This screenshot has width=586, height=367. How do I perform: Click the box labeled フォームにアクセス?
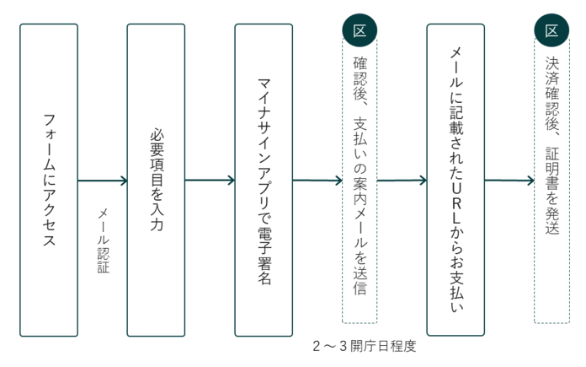point(49,180)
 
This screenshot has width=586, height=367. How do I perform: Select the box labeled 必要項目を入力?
point(156,180)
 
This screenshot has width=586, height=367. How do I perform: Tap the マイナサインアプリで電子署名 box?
point(264,180)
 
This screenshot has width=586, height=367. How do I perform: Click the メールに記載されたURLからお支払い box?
point(455,180)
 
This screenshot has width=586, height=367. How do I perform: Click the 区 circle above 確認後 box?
point(360,31)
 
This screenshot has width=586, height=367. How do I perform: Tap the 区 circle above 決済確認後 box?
point(551,31)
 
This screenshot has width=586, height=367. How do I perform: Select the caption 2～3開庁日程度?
point(364,347)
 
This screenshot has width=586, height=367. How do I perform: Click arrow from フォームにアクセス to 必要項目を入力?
point(102,180)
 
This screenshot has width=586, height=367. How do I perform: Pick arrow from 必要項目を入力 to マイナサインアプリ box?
point(210,180)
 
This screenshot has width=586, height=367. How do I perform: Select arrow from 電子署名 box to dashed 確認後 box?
point(317,180)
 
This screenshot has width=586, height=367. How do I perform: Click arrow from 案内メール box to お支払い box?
point(402,180)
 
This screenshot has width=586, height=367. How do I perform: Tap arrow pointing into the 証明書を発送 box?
point(509,180)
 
